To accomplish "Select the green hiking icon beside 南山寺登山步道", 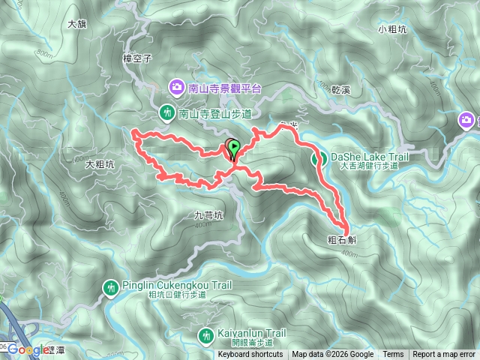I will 166,112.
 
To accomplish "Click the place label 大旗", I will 77,24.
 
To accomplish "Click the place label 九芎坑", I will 203,214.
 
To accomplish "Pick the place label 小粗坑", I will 392,29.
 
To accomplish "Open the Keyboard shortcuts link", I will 250,355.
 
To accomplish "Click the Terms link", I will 393,355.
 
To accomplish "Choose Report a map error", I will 444,355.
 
